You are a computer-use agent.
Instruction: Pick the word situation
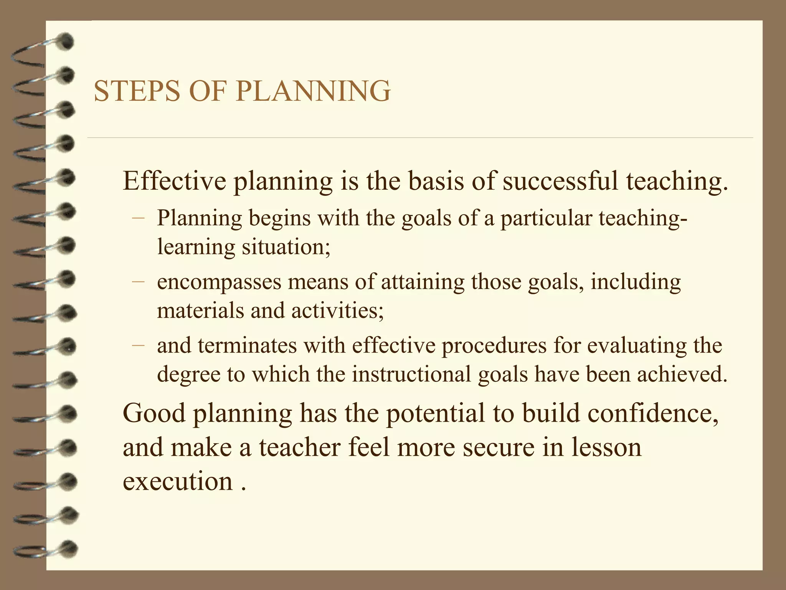coord(286,247)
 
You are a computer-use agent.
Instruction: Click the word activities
coord(337,310)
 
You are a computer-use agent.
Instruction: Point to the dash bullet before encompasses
coord(138,282)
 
